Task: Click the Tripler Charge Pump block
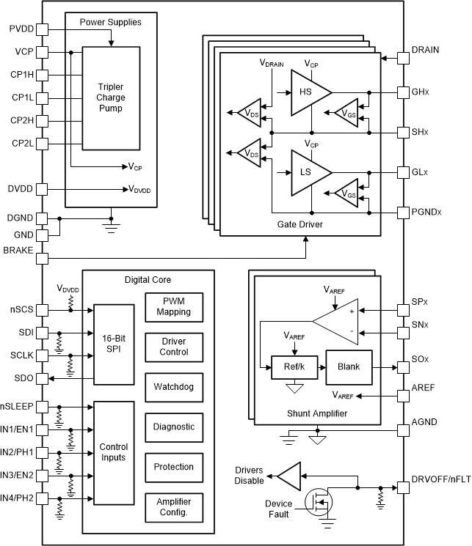[x=109, y=98]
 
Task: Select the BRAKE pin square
[x=42, y=258]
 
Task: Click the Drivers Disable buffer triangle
[x=289, y=476]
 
